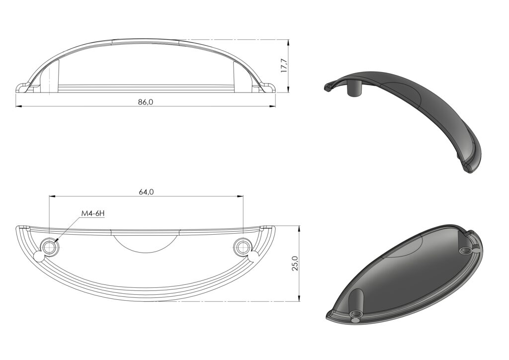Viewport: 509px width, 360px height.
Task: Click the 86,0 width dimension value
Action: click(146, 101)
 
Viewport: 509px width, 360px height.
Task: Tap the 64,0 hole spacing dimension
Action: click(146, 191)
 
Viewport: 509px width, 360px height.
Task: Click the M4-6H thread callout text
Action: click(92, 213)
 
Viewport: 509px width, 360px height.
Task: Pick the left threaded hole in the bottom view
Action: click(49, 247)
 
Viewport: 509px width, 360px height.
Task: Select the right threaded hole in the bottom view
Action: click(243, 247)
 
